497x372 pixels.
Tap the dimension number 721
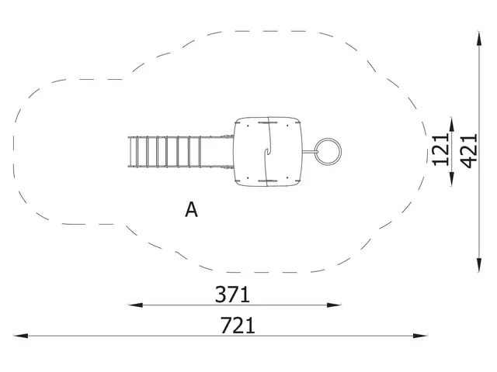[x=238, y=325]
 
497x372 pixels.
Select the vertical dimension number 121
[x=440, y=150]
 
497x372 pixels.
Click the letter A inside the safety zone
[x=191, y=209]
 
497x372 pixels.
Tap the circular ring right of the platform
[x=328, y=151]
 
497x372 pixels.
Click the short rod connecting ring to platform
[x=309, y=151]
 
